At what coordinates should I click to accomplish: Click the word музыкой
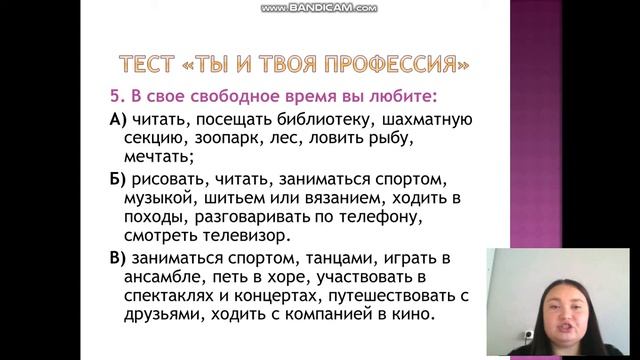pyautogui.click(x=156, y=198)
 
